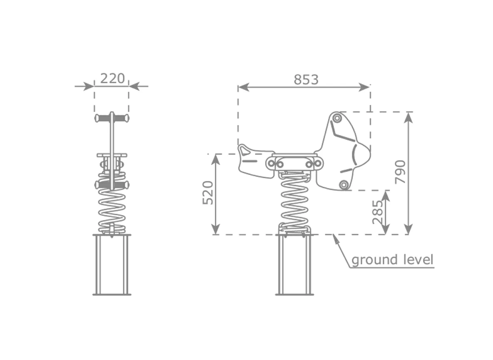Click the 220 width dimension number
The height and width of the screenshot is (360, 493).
[x=112, y=78]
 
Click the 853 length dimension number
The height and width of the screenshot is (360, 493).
[x=306, y=80]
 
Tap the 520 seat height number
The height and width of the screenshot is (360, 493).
[x=208, y=192]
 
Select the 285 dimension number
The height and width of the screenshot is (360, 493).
[x=378, y=212]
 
